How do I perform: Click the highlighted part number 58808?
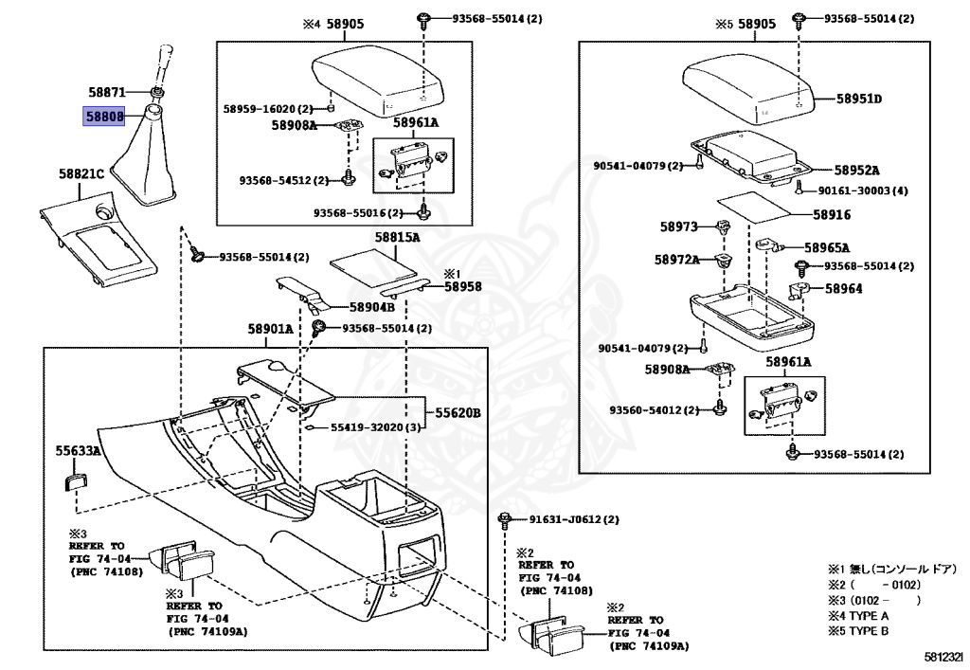coord(104,116)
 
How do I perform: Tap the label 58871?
coord(107,92)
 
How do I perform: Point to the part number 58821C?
coord(81,173)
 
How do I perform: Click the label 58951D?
coord(859,99)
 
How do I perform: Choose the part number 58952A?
coord(856,171)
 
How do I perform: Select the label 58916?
coord(832,215)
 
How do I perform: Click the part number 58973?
coord(678,227)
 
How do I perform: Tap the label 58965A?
coord(827,247)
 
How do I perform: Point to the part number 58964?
coord(844,288)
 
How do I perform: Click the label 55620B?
coord(458,412)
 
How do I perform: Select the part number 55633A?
coord(78,451)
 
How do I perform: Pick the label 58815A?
coord(397,238)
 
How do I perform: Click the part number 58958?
coord(462,286)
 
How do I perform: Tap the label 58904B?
coord(371,307)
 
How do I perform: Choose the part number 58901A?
coord(270,329)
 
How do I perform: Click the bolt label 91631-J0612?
coord(566,519)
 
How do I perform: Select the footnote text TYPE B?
coord(870,631)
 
